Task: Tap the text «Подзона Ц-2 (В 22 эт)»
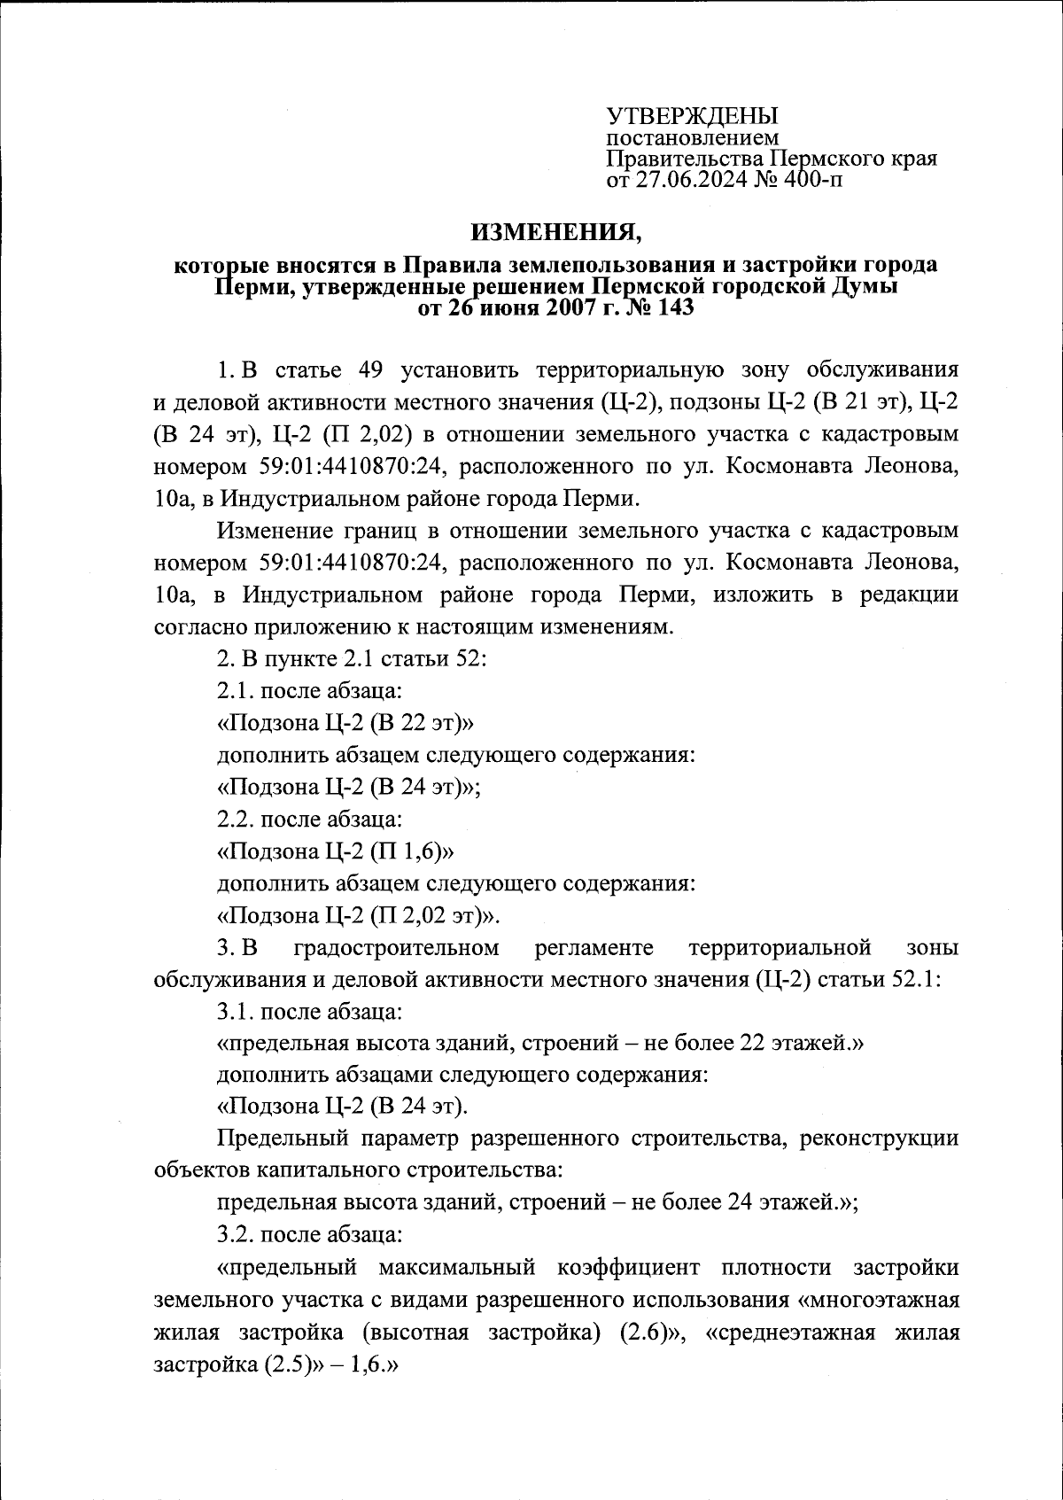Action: pyautogui.click(x=346, y=723)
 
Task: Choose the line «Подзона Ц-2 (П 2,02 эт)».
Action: pyautogui.click(x=361, y=914)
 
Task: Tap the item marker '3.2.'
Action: pyautogui.click(x=235, y=1234)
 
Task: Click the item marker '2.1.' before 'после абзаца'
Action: pyautogui.click(x=235, y=691)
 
